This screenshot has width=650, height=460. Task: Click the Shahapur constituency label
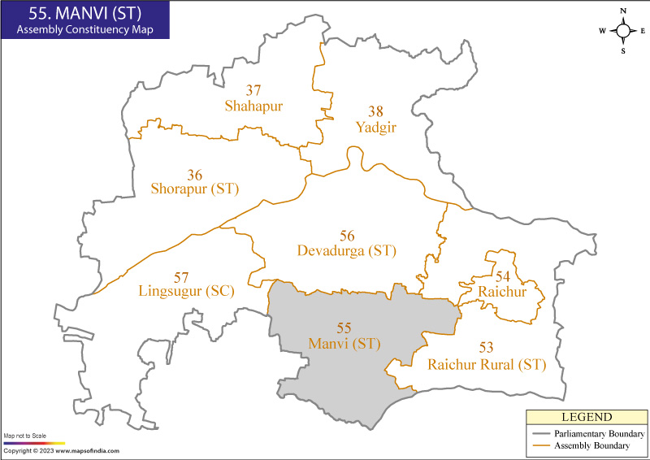click(254, 106)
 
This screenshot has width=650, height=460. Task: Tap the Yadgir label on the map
click(374, 127)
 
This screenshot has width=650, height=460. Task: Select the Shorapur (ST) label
click(195, 189)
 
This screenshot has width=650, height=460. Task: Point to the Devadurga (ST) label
click(347, 250)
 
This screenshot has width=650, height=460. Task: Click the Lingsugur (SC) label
click(186, 290)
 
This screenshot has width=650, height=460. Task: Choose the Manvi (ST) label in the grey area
click(344, 344)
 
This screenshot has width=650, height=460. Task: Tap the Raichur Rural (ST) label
click(487, 364)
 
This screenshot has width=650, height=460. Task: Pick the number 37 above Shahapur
click(254, 90)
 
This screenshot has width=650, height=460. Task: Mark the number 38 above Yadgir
click(374, 111)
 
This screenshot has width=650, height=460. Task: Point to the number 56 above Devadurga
click(347, 236)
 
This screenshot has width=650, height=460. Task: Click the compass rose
click(623, 31)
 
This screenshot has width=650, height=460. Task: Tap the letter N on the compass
click(623, 11)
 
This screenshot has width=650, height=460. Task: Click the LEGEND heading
click(584, 417)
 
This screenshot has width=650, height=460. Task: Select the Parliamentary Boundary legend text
click(600, 434)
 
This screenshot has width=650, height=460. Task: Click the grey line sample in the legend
click(539, 434)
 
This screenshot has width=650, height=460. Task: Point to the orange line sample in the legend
click(539, 446)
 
